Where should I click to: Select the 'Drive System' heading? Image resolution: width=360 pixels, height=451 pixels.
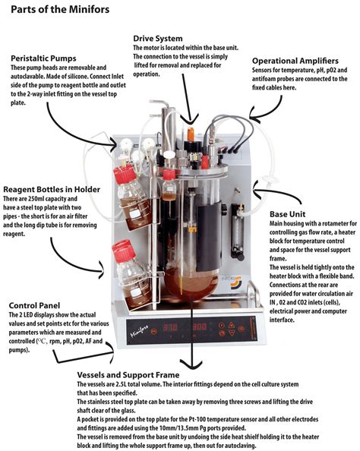pyautogui.click(x=156, y=37)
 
